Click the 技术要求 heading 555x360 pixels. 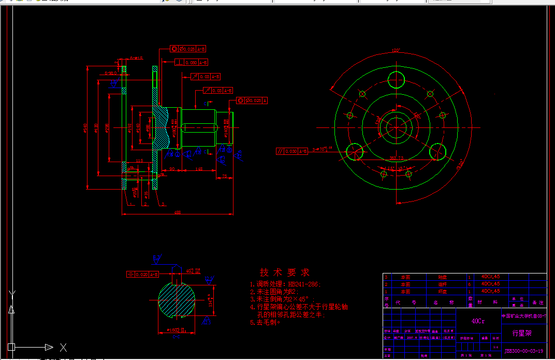284,272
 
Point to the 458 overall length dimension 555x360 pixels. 178,212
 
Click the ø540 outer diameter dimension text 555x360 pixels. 85,126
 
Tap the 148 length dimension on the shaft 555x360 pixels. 198,169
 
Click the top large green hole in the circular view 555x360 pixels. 397,79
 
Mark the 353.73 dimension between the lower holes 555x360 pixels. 397,157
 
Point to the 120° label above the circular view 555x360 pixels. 396,51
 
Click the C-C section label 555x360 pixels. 176,336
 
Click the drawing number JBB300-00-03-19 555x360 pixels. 524,351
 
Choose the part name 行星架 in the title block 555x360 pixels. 522,333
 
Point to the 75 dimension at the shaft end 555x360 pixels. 224,177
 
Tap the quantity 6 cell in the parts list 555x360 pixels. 470,284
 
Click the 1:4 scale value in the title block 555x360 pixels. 496,347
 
